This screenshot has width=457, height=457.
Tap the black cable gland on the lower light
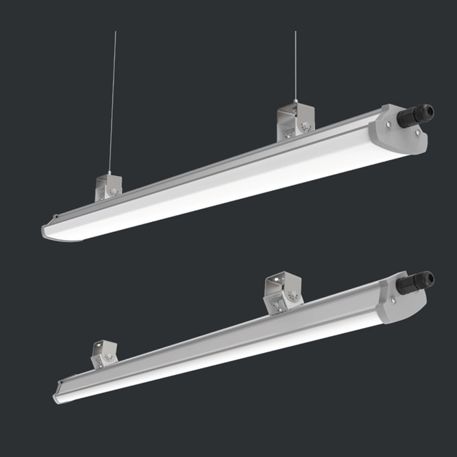tap(417, 282)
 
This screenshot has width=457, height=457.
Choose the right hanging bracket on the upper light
tap(294, 122)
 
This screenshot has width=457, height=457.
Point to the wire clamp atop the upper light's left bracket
tap(110, 173)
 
